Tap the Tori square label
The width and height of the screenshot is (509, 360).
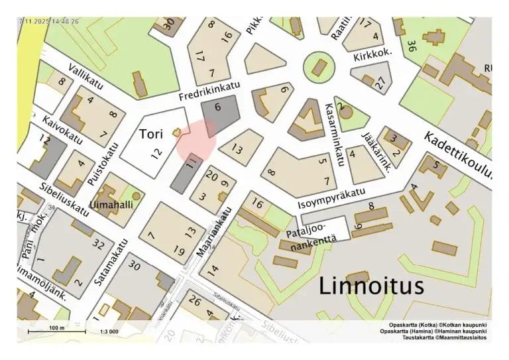pos(151,134)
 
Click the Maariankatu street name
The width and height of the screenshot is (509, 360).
pos(214,233)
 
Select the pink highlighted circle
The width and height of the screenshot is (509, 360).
pos(196,140)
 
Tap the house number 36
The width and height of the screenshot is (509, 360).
pos(412,46)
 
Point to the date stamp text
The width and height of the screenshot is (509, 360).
pos(50,21)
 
